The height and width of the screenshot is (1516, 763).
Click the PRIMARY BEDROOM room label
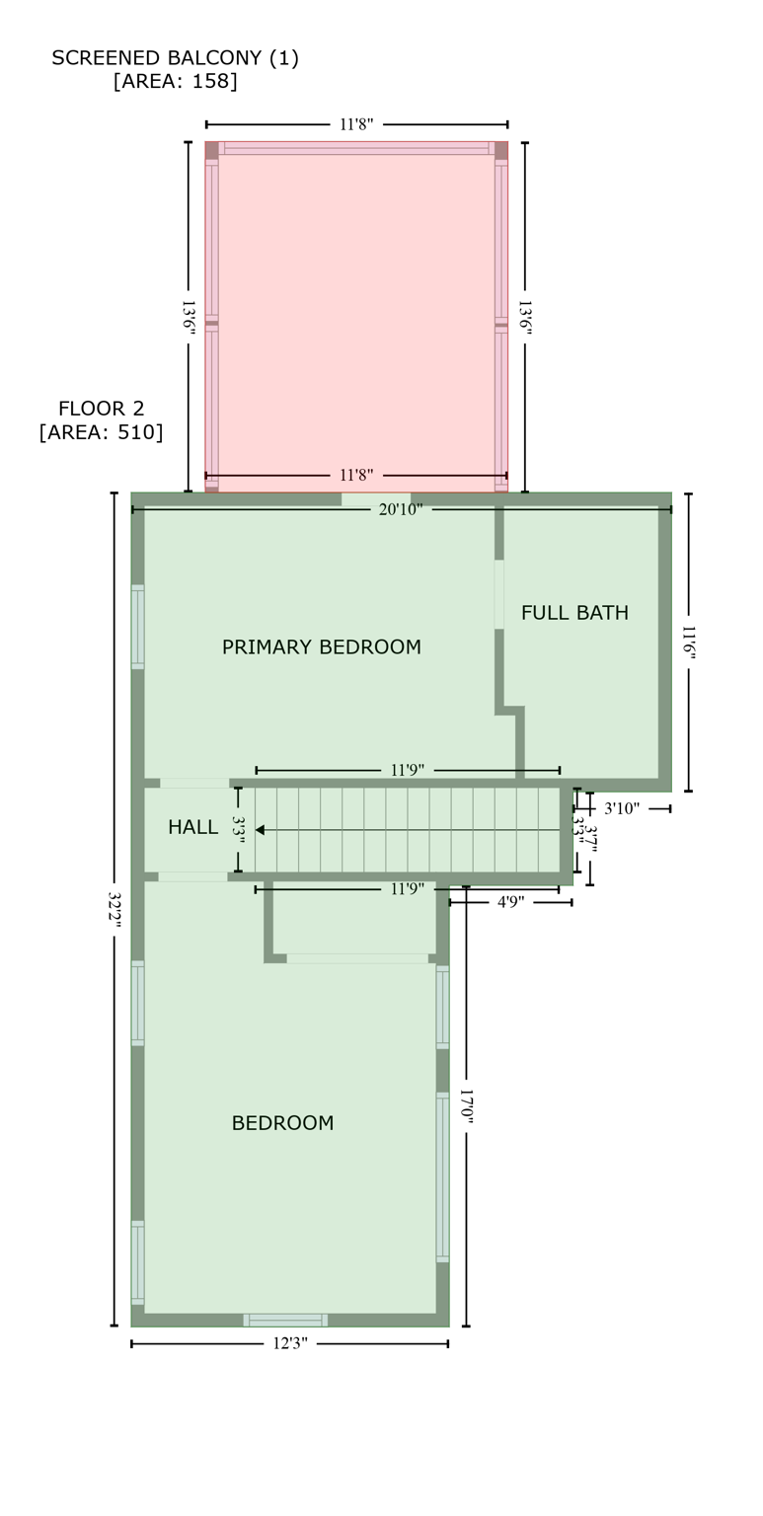click(x=321, y=647)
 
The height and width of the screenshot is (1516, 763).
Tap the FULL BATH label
click(x=574, y=613)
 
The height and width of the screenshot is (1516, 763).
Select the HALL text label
click(x=192, y=827)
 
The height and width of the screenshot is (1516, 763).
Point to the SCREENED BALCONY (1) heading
click(x=175, y=58)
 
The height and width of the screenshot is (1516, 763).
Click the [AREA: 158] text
click(x=175, y=82)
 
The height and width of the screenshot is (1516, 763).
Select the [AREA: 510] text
click(x=101, y=432)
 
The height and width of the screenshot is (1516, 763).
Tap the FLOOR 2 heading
click(x=101, y=409)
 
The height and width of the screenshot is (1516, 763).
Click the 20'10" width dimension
click(x=400, y=509)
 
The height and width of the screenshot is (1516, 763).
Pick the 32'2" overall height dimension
click(x=114, y=907)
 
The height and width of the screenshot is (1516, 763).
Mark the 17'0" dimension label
click(x=466, y=1110)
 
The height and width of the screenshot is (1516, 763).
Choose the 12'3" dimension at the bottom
click(x=290, y=1343)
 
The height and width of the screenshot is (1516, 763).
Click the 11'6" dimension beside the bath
click(x=688, y=643)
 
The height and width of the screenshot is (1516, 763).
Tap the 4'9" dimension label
click(x=510, y=902)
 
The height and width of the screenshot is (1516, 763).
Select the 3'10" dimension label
click(x=622, y=808)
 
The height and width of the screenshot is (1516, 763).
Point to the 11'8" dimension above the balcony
click(x=356, y=124)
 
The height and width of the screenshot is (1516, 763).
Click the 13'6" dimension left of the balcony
click(x=189, y=317)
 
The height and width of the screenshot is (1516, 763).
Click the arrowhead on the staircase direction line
click(x=260, y=830)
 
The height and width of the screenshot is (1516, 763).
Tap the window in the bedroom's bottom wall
click(x=285, y=1320)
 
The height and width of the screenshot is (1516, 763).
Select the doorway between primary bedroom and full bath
click(x=499, y=594)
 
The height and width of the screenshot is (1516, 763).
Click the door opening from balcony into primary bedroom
click(x=375, y=499)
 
